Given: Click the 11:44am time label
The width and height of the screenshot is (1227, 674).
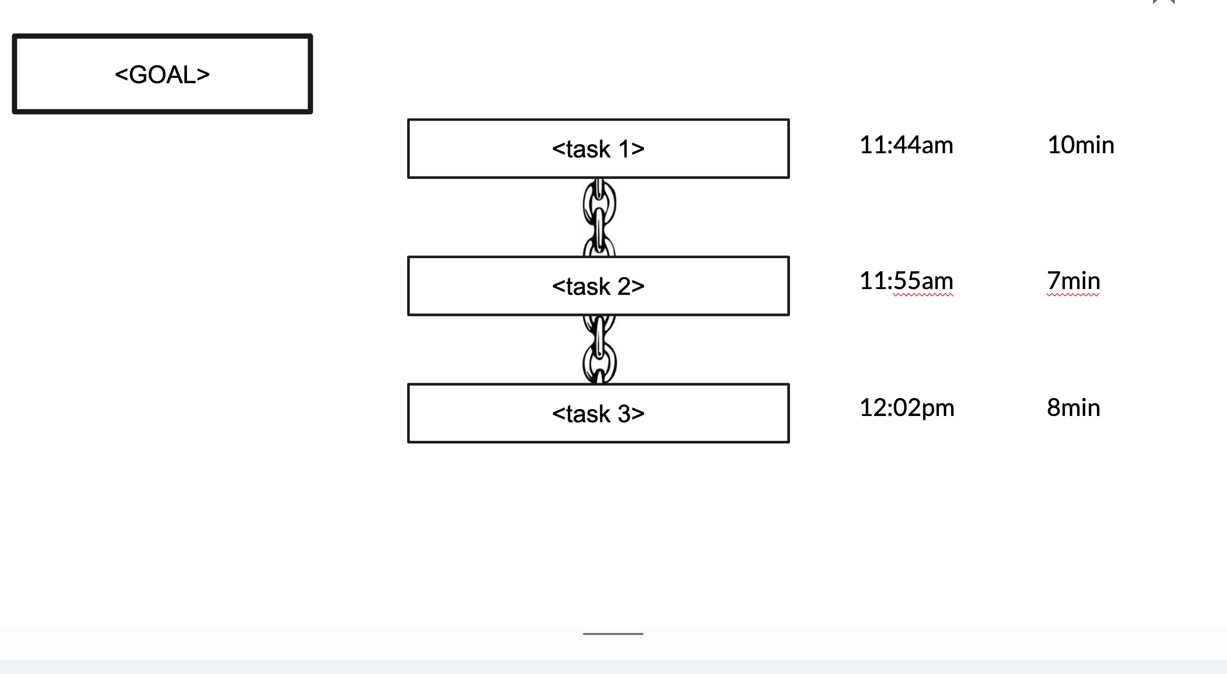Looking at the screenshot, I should point(906,145).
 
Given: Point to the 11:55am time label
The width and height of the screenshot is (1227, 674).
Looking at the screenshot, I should point(906,281).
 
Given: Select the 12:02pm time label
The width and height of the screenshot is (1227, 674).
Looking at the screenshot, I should point(907,408).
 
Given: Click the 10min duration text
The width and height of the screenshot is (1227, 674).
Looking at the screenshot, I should point(1081,145).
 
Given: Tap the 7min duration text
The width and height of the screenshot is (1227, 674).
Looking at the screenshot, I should point(1073,281).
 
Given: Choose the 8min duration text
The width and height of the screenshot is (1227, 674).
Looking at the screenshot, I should point(1073,408).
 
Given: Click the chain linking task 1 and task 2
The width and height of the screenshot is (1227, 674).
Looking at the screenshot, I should point(599,217).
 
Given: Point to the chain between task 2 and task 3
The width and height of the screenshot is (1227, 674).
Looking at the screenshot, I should point(599,350).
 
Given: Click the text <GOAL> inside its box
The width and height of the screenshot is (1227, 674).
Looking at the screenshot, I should point(162,74).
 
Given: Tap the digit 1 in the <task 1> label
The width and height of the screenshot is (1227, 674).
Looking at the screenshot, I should point(624,149).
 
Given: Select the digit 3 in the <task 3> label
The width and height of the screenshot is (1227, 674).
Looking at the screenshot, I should point(624,414).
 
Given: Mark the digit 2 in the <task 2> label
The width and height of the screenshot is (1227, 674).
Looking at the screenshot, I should point(624,286).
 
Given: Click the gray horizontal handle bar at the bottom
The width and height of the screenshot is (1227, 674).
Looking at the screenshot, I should point(613,634).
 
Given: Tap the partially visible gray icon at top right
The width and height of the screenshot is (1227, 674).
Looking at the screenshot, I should point(1164,2).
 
